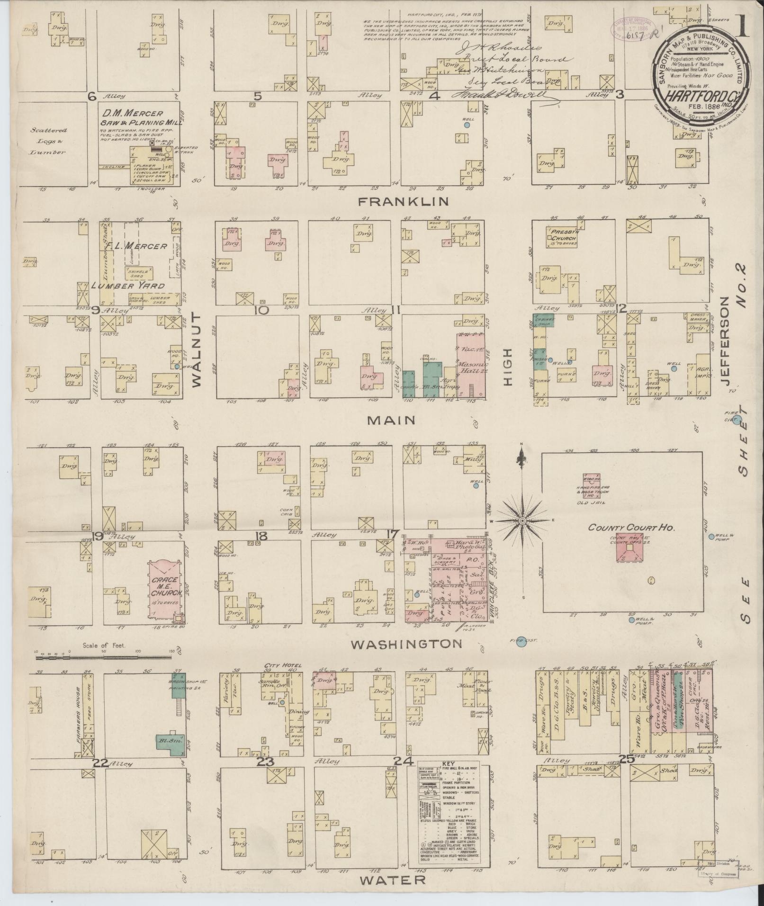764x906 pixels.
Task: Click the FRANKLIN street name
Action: (x=403, y=201)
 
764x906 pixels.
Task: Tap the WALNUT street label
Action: (x=197, y=350)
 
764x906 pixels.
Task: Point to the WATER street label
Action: (x=392, y=879)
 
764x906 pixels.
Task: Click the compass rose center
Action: (x=521, y=520)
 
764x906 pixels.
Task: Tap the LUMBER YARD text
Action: (x=128, y=286)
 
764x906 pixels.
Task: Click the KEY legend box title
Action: (x=448, y=777)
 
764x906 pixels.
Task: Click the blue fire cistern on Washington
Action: (x=521, y=641)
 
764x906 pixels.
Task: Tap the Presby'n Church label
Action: (x=562, y=234)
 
